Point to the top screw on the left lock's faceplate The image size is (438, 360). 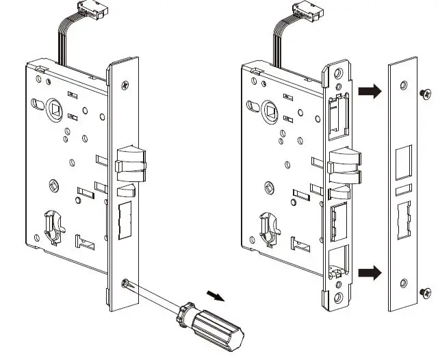point(124,86)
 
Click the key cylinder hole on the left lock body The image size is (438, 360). point(53,225)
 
